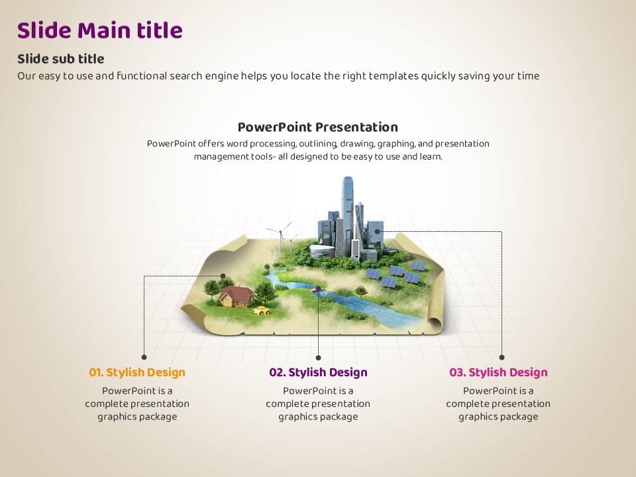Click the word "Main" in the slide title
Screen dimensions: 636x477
pos(103,30)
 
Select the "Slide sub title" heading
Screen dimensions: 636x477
pos(60,59)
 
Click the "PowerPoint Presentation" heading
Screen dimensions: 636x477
pos(317,127)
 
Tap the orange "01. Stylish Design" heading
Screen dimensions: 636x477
pos(137,372)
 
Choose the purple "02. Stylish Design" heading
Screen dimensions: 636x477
pos(318,372)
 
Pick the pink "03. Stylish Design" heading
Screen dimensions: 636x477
pos(498,372)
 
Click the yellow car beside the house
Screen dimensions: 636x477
pos(261,311)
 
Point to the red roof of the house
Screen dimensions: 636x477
pos(237,293)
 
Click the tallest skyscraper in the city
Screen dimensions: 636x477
pos(348,215)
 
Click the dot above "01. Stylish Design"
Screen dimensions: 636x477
pos(144,357)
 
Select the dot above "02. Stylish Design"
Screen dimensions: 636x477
pos(318,357)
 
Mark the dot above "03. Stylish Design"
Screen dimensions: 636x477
pos(502,357)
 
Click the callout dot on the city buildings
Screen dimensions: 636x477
pos(377,232)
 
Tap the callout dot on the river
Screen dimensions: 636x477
pos(318,288)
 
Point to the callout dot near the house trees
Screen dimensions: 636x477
pos(223,276)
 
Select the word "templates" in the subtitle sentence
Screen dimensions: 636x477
pos(394,76)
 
